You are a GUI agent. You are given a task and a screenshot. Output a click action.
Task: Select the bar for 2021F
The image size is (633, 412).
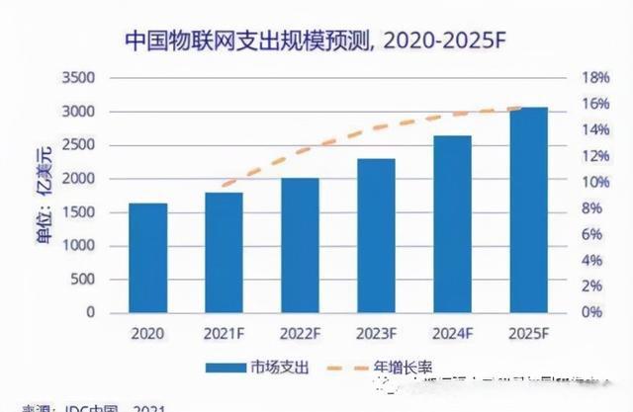click(x=224, y=252)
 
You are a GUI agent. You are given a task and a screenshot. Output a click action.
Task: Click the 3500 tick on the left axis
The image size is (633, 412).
click(x=79, y=78)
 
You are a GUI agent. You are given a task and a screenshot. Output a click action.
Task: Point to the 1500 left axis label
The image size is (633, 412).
click(x=79, y=212)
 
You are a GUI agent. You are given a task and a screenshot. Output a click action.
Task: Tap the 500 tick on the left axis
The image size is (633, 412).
click(x=83, y=280)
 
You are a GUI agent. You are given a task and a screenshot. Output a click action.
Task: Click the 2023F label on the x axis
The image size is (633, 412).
click(x=376, y=334)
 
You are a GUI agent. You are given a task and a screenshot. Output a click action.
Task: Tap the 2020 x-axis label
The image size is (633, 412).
click(x=147, y=334)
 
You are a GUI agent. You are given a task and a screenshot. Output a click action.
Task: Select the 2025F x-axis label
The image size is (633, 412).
click(x=528, y=334)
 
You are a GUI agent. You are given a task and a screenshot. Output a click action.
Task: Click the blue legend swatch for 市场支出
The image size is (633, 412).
click(x=228, y=368)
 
